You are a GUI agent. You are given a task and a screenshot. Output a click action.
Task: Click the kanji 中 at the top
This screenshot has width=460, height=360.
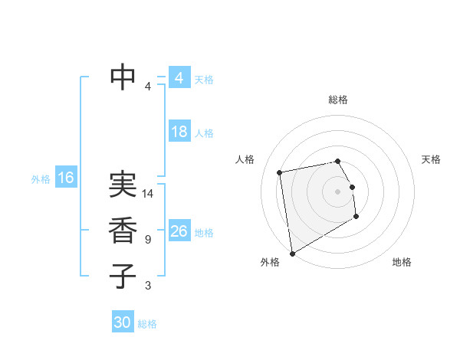coord(123,76)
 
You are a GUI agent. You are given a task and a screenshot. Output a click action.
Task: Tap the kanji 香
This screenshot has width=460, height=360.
coord(123,231)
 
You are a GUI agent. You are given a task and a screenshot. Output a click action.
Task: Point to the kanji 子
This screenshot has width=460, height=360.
coord(123,276)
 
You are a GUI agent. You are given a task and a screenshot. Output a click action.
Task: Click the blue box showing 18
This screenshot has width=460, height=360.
coord(179,132)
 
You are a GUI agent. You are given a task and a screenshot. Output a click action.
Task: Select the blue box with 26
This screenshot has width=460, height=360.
coord(179,231)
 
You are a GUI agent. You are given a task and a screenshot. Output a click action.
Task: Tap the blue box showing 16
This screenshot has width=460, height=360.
coord(66,178)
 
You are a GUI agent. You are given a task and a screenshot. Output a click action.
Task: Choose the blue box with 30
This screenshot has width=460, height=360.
coord(123,322)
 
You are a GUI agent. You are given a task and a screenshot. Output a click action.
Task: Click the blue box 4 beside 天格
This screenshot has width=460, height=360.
coord(179,78)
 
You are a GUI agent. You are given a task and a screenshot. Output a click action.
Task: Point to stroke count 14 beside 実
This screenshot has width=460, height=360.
coord(149,194)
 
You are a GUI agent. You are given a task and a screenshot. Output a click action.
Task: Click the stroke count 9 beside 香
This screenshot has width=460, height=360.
coord(147,240)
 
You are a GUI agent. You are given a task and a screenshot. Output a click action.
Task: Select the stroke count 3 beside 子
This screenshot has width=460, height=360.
coord(147,286)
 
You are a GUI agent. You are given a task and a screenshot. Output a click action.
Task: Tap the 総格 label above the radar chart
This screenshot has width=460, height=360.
coord(337,100)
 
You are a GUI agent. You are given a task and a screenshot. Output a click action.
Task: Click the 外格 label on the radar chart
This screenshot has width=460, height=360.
coord(269,263)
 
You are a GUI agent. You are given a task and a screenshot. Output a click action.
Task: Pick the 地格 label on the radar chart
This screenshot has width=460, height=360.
coord(402,263)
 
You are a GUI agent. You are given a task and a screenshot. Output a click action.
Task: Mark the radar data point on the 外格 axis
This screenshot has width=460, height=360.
coord(292,254)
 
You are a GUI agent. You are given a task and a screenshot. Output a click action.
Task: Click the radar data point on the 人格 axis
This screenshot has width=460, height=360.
coord(280,172)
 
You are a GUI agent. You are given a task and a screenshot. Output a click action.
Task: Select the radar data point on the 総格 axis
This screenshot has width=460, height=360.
coord(337,161)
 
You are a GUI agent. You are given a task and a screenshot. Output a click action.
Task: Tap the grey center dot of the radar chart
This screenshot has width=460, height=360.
coord(337,191)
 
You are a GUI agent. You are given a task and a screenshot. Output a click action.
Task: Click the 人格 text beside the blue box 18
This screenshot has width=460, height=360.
coord(204,133)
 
